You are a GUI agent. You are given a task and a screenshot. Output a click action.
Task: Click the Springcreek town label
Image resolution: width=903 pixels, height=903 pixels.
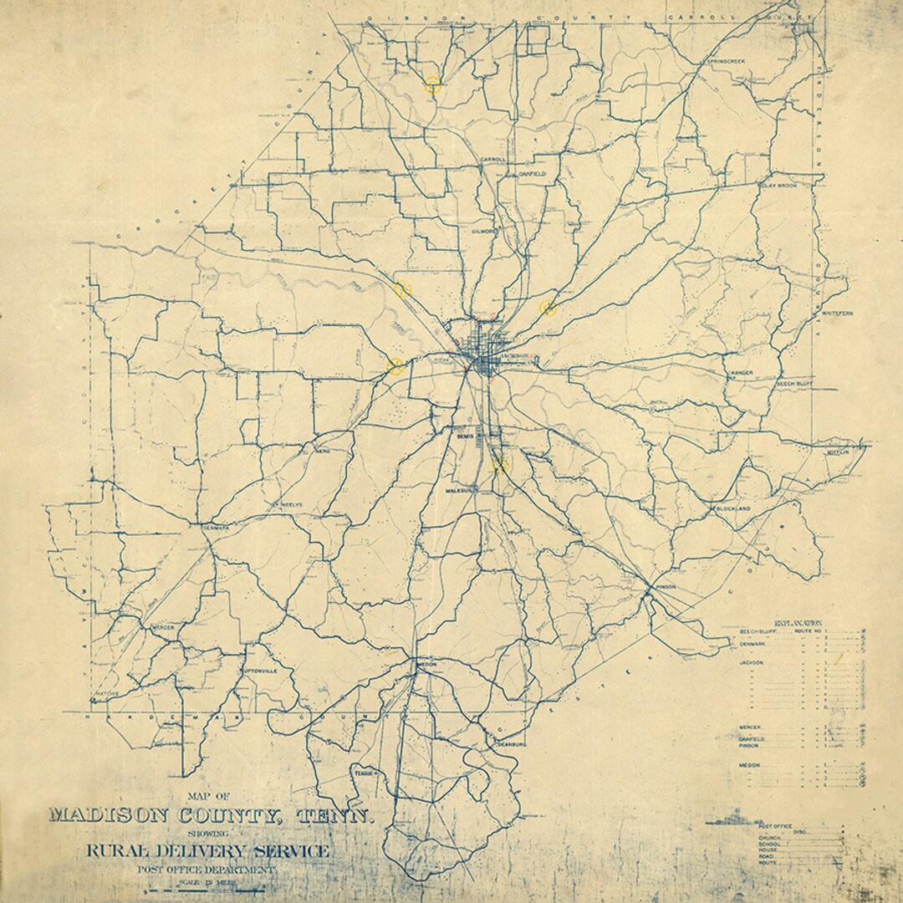(725, 62)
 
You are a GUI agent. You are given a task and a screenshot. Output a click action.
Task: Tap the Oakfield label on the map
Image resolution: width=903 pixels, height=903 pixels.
(531, 172)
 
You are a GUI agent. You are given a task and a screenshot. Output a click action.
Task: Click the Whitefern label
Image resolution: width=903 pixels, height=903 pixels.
(836, 312)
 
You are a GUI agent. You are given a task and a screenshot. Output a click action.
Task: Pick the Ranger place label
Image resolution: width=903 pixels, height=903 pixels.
(742, 372)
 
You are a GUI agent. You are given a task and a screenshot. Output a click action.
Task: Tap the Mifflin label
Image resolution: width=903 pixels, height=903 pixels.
(839, 451)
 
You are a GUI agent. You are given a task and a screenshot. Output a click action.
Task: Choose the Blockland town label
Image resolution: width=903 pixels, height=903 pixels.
(732, 508)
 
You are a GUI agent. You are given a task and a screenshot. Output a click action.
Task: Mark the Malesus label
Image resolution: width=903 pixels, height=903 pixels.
(460, 490)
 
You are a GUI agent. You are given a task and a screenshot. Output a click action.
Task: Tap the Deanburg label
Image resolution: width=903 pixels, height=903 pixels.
(510, 743)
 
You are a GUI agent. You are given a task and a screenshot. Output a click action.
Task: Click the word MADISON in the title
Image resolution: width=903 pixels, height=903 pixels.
(129, 815)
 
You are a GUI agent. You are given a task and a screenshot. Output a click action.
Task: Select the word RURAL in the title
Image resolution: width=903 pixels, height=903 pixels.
(122, 853)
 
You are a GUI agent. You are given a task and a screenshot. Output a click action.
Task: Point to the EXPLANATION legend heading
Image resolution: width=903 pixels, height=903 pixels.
(799, 623)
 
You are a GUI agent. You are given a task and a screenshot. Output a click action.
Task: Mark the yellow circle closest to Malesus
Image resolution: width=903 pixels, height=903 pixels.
(501, 464)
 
